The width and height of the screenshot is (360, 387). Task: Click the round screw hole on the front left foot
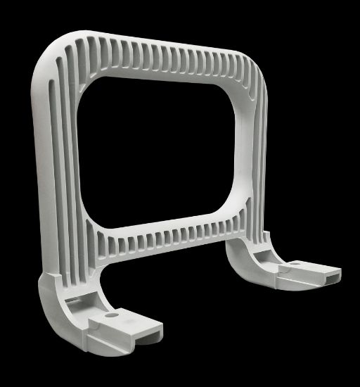coord(110,316)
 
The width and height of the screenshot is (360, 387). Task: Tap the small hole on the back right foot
coord(295,262)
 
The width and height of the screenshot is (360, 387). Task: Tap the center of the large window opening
coord(159,151)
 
